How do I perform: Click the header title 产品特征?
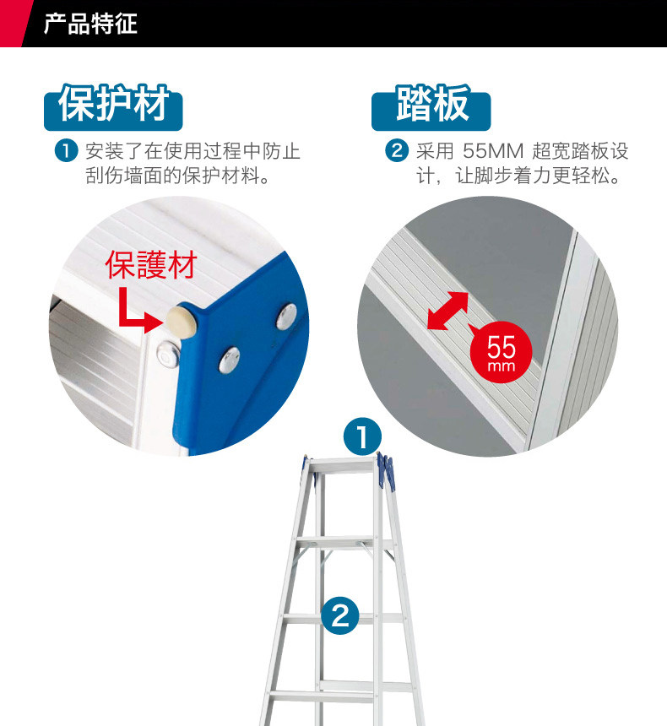tap(90, 24)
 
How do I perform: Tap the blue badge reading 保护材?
tap(113, 107)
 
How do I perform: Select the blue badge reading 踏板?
tap(431, 107)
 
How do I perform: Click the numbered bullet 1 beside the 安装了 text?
tap(66, 151)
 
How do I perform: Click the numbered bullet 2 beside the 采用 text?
tap(397, 151)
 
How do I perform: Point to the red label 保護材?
tap(151, 265)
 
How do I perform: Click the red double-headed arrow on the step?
tap(447, 311)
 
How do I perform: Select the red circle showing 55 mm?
tap(502, 352)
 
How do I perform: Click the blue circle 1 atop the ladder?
tap(362, 436)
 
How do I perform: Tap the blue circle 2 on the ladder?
tap(340, 615)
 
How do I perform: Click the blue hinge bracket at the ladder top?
tap(386, 470)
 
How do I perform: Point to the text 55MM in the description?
tap(493, 151)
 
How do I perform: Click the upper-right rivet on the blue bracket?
tap(287, 317)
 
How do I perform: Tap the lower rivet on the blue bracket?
tap(230, 360)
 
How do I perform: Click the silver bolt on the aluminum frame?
tap(167, 355)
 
